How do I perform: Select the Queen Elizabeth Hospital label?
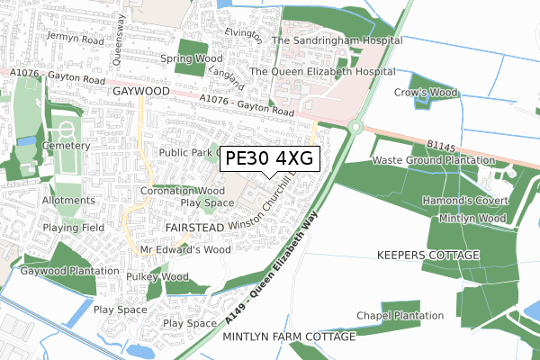[322, 71]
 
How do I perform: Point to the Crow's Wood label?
[426, 92]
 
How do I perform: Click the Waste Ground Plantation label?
[434, 160]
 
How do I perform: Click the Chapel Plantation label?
[400, 316]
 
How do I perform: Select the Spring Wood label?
[190, 59]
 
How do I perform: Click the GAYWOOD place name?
[136, 92]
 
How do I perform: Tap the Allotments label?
[67, 200]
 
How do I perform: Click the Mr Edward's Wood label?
[185, 249]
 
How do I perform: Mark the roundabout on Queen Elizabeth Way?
[357, 128]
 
